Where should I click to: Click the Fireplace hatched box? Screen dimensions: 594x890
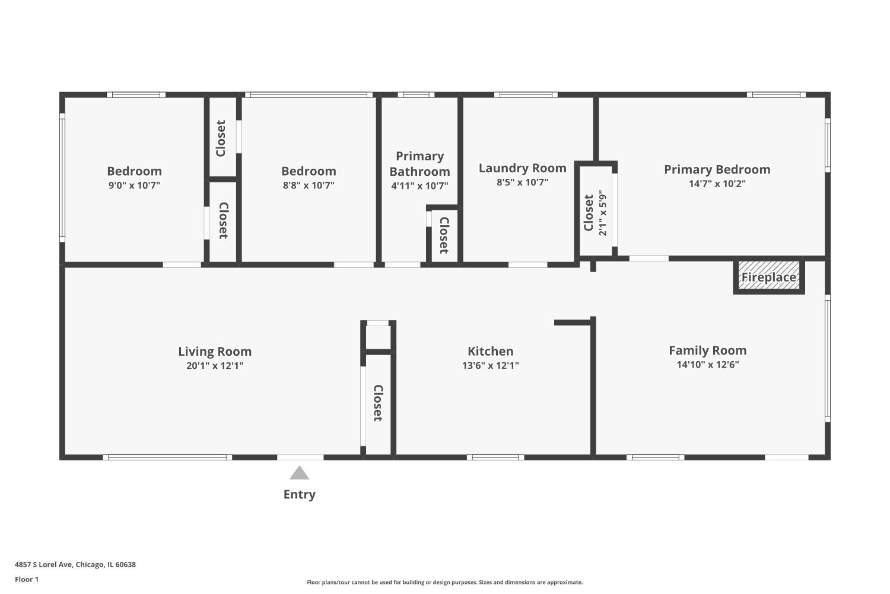[x=769, y=277]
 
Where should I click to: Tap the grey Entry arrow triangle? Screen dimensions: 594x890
[x=299, y=473]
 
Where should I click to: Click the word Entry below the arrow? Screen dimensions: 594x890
[x=299, y=494]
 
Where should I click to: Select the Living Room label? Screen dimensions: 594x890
[x=215, y=352]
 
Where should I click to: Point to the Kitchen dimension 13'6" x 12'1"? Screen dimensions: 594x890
[x=490, y=366]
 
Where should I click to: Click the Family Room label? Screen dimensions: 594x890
[x=707, y=350]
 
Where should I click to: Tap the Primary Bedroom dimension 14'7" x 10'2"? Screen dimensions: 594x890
[x=717, y=184]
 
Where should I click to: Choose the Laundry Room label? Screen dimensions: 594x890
[x=522, y=168]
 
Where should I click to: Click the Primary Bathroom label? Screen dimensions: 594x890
[x=419, y=164]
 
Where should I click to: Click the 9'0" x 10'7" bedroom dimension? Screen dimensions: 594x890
[x=134, y=185]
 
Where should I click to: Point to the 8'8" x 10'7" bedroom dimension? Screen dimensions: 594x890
[x=309, y=185]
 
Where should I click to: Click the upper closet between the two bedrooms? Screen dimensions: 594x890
[x=221, y=138]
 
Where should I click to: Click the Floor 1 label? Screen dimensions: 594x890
[x=27, y=580]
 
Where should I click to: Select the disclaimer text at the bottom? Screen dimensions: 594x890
[x=444, y=583]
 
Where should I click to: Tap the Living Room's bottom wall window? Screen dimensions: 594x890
[x=167, y=457]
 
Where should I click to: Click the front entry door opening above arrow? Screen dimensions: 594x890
[x=300, y=457]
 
